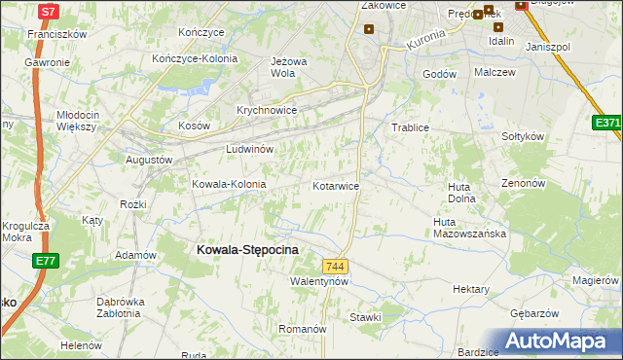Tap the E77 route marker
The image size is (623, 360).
click(45, 261)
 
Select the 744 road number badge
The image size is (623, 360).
click(336, 267)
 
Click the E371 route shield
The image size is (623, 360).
click(607, 124)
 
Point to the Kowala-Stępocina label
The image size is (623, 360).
click(247, 250)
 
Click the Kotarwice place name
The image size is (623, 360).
click(337, 185)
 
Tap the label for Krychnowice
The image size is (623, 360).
click(266, 110)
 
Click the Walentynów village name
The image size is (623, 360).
click(319, 281)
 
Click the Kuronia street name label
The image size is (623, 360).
click(424, 41)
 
